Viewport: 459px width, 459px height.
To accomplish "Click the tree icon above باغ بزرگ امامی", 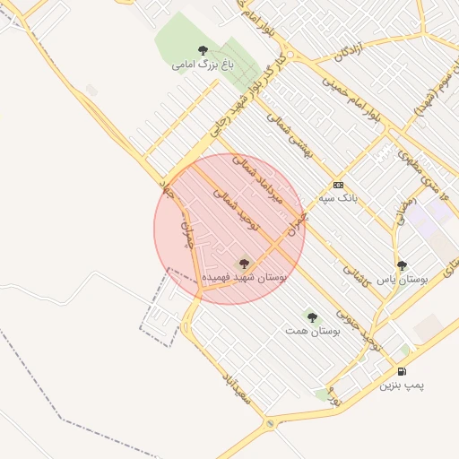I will click(202, 50).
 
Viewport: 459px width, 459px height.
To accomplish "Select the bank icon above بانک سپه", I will click(338, 184).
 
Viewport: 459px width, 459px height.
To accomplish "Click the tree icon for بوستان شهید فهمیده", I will click(244, 264).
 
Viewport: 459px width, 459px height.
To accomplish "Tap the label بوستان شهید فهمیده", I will click(244, 278).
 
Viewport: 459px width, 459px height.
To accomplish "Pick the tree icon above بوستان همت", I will click(312, 316).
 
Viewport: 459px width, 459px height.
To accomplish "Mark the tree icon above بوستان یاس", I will click(402, 265).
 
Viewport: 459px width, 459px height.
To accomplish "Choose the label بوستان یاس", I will click(402, 280).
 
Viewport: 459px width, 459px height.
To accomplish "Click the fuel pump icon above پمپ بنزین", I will click(402, 371).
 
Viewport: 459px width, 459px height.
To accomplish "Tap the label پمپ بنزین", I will click(402, 385).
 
